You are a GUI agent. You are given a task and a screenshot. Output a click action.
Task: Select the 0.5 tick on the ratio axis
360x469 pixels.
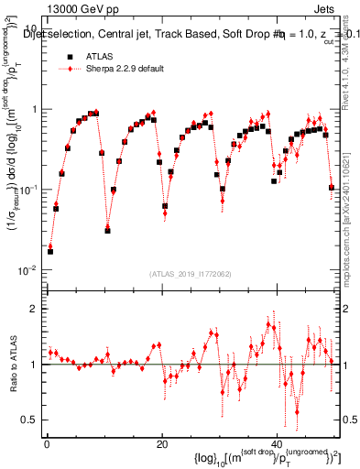point(29,420)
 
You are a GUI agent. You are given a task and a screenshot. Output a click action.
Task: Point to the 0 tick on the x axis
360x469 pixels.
point(47,444)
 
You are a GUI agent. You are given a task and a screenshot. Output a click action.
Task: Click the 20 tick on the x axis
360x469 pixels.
point(162,444)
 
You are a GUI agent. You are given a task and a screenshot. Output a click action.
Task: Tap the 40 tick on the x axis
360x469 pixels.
point(278,444)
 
